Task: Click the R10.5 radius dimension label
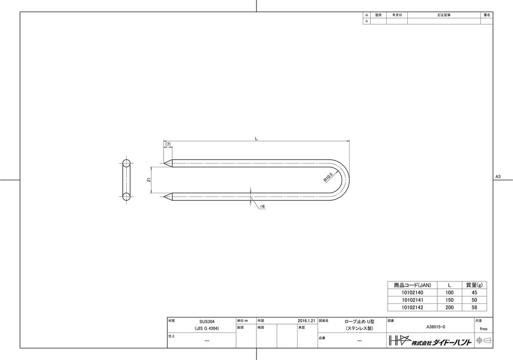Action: click(329, 176)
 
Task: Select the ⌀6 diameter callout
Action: click(262, 206)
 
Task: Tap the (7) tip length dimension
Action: click(168, 144)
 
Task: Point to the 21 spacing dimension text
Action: click(149, 180)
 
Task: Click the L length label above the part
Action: click(256, 139)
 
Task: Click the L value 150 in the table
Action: click(449, 300)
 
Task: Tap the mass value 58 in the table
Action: click(474, 307)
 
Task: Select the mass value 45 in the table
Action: click(474, 292)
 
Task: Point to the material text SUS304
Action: click(206, 321)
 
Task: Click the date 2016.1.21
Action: click(306, 320)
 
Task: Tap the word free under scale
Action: click(483, 329)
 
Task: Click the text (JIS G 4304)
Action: click(206, 328)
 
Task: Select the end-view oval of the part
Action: click(126, 179)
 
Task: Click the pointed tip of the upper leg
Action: click(164, 163)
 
